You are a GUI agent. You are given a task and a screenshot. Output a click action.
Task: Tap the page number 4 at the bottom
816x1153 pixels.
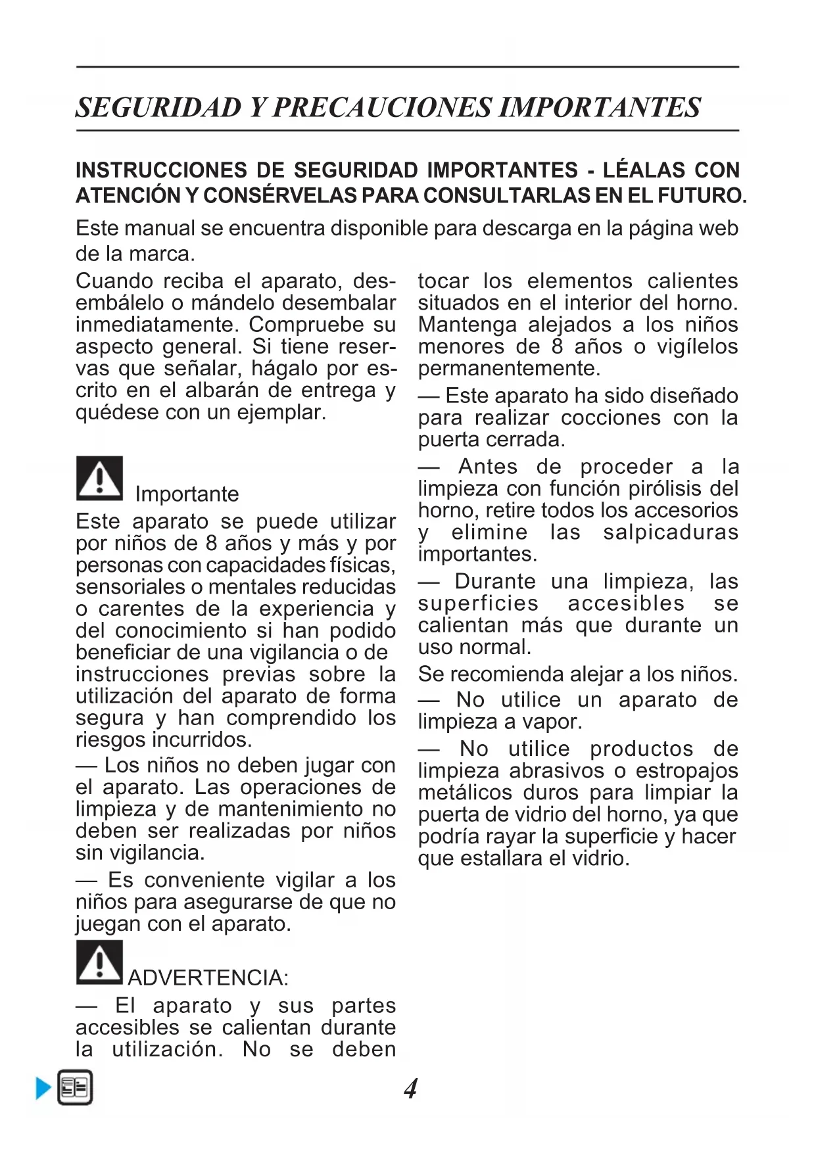pos(410,1089)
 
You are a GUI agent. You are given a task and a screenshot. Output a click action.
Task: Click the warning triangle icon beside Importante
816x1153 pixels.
pos(99,478)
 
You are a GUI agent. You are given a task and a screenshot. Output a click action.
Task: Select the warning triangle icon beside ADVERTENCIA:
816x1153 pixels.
pos(99,962)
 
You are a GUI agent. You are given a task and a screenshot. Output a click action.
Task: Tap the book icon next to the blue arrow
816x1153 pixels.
pos(75,1088)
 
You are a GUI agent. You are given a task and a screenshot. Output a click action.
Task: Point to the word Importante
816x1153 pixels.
pos(187,494)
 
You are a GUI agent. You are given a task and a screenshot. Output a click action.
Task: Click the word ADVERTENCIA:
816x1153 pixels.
pos(208,978)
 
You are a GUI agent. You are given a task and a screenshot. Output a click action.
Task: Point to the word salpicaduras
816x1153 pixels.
pos(671,532)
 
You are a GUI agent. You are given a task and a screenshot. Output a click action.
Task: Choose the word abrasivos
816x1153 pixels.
pos(556,770)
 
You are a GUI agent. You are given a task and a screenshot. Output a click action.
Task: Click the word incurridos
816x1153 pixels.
pos(201,740)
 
